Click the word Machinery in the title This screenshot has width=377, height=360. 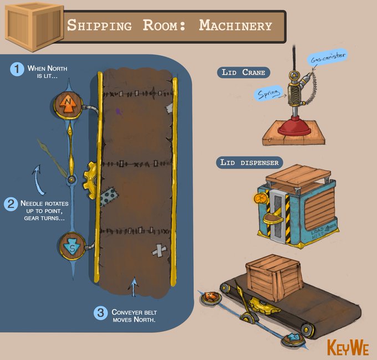pos(235,25)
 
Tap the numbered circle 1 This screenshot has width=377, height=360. pos(18,70)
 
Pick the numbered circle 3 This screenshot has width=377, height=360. pos(100,313)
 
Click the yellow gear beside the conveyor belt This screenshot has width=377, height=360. pos(91,178)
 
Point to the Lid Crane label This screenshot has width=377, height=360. pos(243,73)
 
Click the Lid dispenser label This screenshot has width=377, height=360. pos(249,162)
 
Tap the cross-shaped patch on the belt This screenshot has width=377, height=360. pos(159,250)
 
